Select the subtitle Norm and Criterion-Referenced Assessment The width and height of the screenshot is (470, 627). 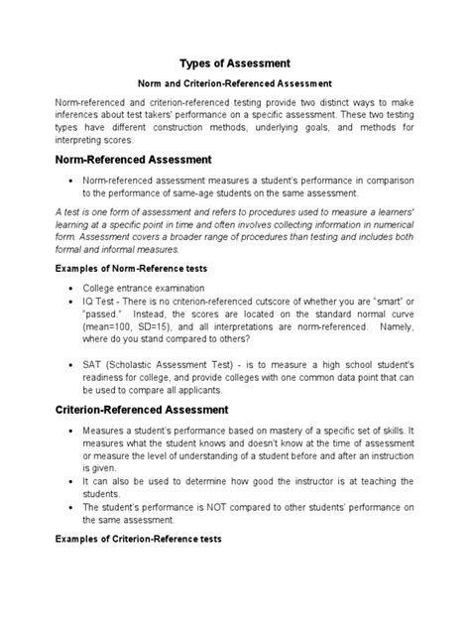[234, 82]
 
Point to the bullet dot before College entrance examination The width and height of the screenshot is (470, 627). [70, 289]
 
